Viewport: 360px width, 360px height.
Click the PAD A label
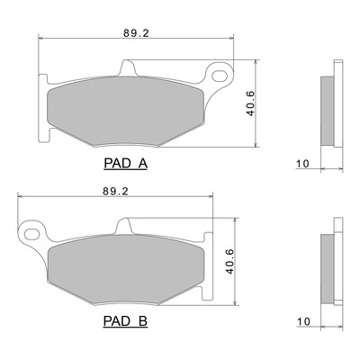click(125, 164)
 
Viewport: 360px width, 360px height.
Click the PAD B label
click(125, 321)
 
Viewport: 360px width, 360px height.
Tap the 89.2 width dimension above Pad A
click(136, 33)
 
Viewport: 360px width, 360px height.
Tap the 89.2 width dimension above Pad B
click(115, 192)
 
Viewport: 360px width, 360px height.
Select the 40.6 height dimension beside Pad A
click(250, 103)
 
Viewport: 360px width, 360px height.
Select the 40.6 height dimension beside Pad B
click(229, 261)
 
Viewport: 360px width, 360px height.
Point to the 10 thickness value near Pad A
click(302, 164)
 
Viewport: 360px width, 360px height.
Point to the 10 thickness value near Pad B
click(303, 321)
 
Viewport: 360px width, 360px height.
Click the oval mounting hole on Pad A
click(220, 76)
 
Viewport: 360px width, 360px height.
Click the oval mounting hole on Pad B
click(31, 234)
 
